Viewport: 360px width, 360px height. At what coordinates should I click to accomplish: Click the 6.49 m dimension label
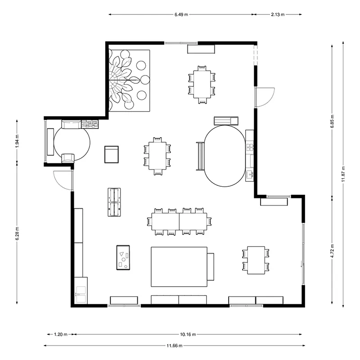coord(181,14)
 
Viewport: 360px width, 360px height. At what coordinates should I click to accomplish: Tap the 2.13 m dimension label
coord(278,14)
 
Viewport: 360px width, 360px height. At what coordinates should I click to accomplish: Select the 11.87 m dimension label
coord(343,174)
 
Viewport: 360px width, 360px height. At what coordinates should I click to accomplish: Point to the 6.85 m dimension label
coord(332,121)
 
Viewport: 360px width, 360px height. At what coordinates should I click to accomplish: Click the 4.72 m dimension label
coord(332,251)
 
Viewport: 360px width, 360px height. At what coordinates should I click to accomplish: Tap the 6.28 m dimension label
coord(17,234)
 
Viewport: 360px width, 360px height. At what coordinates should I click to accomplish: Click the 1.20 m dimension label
coord(61,334)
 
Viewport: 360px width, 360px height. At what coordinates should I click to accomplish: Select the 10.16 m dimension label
coord(188,334)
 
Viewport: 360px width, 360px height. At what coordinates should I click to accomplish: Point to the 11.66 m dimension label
coord(175,345)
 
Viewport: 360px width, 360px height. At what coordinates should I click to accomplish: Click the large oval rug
coord(225,156)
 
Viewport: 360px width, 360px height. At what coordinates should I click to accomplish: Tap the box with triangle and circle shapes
coord(123,257)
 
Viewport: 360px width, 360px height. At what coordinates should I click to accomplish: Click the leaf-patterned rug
coord(129,81)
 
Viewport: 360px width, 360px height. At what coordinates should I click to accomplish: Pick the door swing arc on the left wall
coord(59,183)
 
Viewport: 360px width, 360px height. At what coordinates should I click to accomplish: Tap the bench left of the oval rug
coord(200,156)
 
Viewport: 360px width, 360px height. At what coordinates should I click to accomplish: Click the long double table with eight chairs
coord(179,221)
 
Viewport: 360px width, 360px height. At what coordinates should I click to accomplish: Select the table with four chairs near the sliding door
coord(256,260)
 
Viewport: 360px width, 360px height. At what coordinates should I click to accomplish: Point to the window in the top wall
coord(181,43)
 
